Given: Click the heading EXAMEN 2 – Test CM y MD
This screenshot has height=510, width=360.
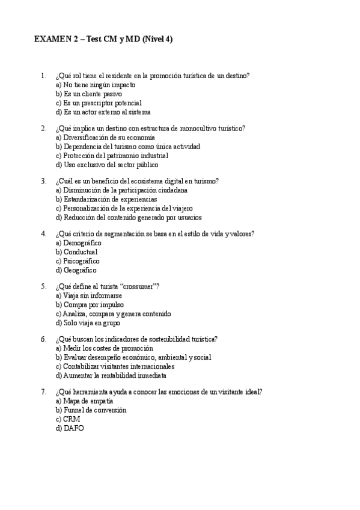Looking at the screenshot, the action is click(103, 39).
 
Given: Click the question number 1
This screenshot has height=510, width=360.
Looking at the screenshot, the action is click(43, 76).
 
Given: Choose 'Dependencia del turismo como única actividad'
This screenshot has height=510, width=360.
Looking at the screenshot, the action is click(127, 146).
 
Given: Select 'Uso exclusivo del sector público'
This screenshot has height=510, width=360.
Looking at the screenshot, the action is click(107, 164).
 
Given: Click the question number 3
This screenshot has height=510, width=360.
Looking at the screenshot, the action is click(43, 181).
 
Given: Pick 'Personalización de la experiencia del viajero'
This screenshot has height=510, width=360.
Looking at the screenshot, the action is click(124, 208).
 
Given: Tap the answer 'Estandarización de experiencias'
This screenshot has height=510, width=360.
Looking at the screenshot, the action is click(106, 199).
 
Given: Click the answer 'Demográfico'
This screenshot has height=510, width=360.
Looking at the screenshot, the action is click(78, 243).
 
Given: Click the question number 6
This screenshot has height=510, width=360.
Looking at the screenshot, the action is click(43, 339).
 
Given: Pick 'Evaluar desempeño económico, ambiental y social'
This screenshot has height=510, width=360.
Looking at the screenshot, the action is click(133, 357).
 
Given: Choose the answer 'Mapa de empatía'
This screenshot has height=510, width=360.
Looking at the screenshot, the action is click(84, 401).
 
